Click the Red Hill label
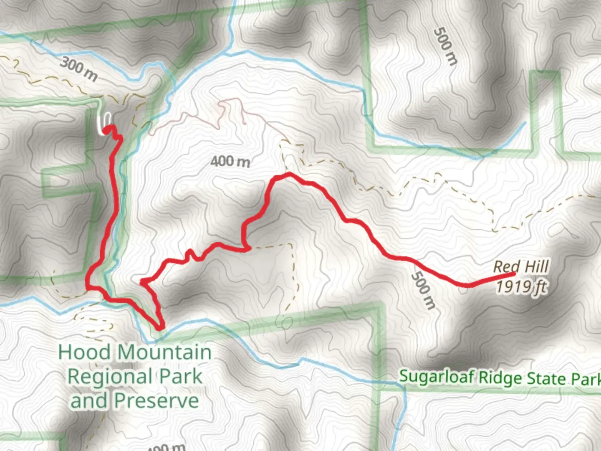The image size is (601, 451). (521, 267)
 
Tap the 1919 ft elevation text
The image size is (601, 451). (521, 286)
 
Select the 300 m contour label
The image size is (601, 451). (78, 69)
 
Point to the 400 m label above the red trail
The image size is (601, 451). (230, 161)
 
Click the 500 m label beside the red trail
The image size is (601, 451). (423, 290)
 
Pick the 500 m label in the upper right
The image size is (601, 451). (445, 46)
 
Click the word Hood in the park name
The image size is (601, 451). (85, 352)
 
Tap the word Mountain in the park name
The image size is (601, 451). (164, 352)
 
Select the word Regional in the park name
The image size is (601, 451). (109, 377)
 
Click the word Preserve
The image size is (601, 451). (157, 400)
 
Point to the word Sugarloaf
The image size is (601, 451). (436, 376)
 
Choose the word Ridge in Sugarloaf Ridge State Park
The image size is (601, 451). (500, 378)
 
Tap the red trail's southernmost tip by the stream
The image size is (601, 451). (160, 327)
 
